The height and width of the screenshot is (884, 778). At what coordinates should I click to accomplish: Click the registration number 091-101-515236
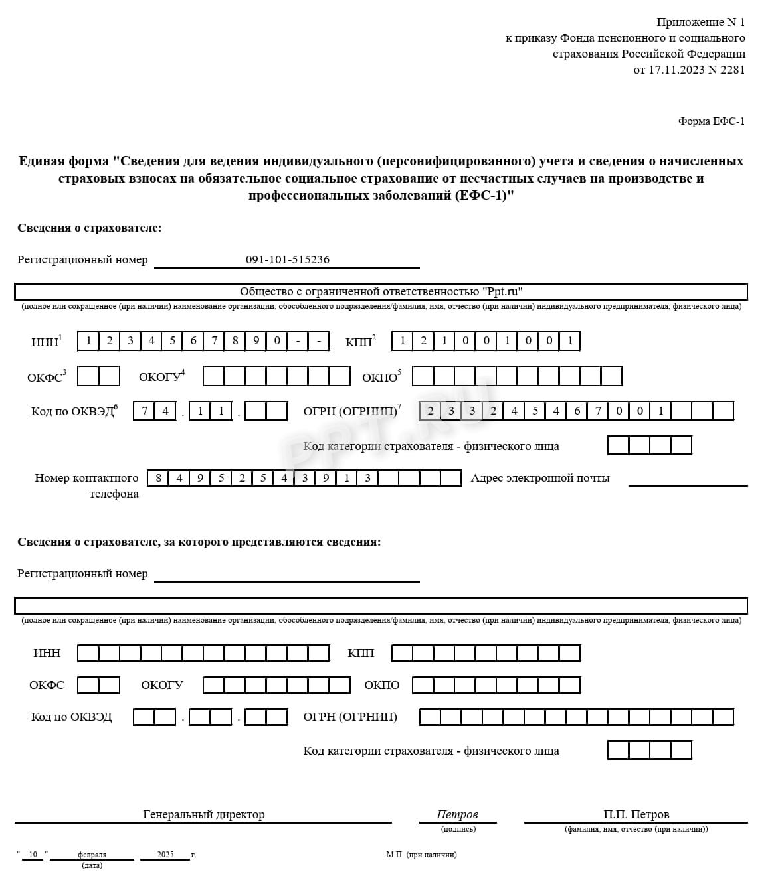coord(287,259)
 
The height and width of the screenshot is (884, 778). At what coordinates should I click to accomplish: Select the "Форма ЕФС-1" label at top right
coord(711,121)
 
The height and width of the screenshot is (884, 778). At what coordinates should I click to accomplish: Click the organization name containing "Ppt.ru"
coord(381,291)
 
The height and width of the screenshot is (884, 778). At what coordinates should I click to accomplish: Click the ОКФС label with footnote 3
coord(45,377)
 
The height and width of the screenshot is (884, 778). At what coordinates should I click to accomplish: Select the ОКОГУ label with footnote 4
coord(161,377)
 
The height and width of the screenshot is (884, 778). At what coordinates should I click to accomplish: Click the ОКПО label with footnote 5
coord(380,377)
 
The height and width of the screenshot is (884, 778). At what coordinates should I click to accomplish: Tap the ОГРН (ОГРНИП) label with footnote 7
coord(351,411)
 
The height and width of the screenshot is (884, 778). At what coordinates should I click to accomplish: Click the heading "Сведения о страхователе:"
coord(90,228)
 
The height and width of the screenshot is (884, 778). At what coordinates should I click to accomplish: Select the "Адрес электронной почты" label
coord(539,478)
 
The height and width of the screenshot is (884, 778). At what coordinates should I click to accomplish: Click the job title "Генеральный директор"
coord(203,814)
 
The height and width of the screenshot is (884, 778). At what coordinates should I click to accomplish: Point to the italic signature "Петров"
coord(457,814)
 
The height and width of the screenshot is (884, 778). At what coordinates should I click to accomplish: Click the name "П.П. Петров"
coord(636,814)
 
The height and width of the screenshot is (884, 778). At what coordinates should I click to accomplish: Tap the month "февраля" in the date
coord(92,855)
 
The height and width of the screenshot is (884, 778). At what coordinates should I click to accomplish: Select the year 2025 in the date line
coord(165,855)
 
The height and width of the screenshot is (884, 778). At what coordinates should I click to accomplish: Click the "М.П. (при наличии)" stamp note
coord(421,855)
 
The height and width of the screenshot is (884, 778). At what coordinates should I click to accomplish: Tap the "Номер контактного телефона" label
coord(86,485)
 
